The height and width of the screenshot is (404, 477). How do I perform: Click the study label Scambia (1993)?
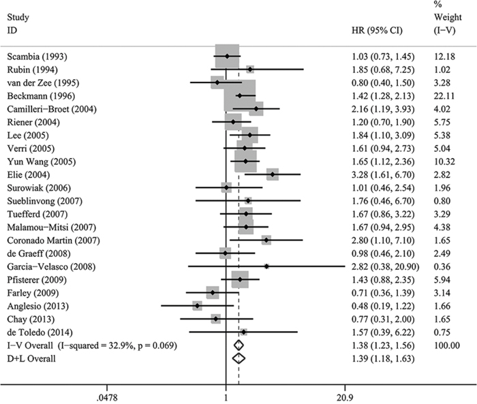click(37, 57)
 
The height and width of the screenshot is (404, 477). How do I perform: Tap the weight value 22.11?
click(444, 96)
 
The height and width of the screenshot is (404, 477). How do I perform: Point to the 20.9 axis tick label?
click(345, 398)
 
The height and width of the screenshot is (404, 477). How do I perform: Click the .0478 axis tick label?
click(107, 398)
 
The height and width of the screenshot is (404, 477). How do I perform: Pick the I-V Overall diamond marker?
click(238, 345)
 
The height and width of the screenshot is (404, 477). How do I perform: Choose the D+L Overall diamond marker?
click(238, 358)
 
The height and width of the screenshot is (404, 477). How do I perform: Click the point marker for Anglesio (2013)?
click(198, 305)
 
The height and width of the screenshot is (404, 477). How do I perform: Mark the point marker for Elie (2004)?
click(273, 174)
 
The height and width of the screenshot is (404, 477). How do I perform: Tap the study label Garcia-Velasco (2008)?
click(51, 267)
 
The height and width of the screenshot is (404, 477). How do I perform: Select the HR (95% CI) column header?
click(377, 31)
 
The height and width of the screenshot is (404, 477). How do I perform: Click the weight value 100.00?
click(447, 345)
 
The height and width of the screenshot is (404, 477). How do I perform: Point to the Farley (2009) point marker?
click(213, 292)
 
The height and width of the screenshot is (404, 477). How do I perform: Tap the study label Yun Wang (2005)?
click(42, 161)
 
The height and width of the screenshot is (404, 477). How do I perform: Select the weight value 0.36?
click(442, 267)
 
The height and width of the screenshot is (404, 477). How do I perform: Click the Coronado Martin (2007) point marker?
click(266, 240)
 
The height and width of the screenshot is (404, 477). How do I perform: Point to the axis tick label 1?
click(226, 398)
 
